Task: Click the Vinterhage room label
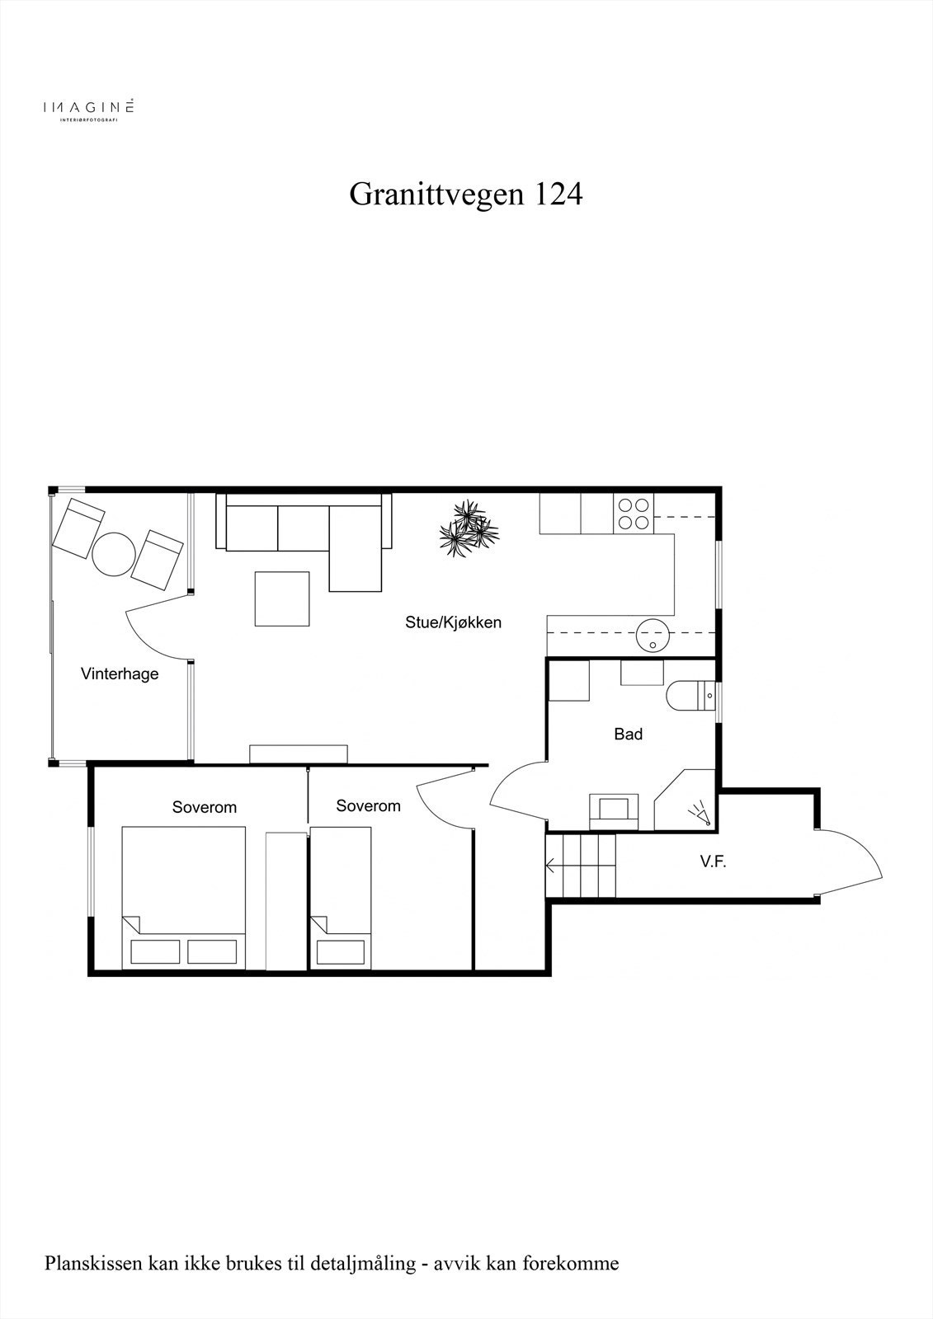pos(120,674)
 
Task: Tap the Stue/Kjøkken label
pos(453,622)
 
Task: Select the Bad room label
pos(628,734)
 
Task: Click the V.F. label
pos(713,862)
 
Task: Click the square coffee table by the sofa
pos(282,598)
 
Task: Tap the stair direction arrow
pos(551,866)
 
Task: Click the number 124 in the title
pos(559,195)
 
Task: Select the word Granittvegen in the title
pos(437,195)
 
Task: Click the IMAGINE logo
pos(88,108)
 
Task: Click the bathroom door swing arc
pos(516,791)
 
